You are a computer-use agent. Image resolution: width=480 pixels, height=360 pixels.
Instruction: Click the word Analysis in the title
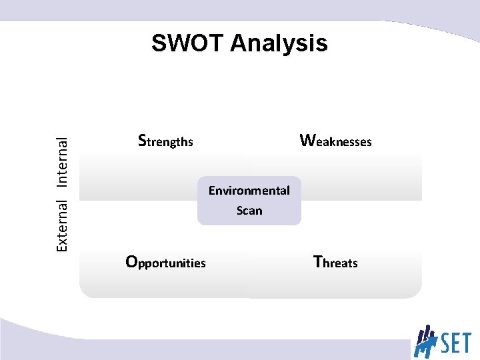[279, 44]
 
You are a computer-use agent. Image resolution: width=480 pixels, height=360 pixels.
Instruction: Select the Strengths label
[165, 141]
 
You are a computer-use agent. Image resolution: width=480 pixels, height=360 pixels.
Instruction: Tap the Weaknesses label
[335, 141]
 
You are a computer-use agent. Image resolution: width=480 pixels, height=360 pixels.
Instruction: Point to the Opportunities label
[166, 262]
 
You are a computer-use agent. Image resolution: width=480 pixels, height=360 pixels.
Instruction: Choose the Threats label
[335, 262]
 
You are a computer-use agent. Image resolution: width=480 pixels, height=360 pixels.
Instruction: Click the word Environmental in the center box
[249, 191]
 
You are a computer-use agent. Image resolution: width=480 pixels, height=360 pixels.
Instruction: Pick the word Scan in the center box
[249, 211]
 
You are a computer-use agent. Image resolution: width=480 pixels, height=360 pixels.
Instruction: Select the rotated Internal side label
[61, 161]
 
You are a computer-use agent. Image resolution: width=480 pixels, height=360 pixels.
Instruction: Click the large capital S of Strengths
[141, 140]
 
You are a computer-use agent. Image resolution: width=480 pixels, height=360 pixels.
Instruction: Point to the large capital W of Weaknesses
[307, 140]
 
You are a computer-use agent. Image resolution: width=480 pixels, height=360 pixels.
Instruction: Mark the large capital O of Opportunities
[132, 261]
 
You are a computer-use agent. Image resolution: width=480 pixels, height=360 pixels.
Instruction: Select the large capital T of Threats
[318, 261]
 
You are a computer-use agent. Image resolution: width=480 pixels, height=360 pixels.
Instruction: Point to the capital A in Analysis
[239, 43]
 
